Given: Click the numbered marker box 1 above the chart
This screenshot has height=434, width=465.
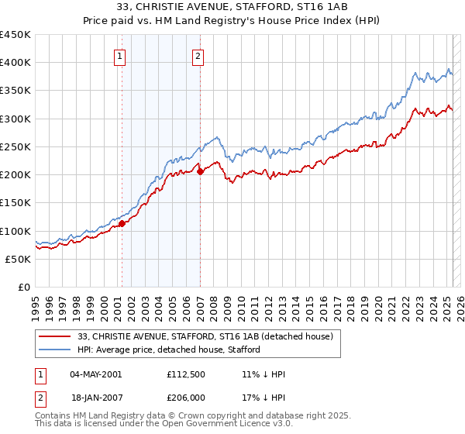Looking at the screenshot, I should [122, 55].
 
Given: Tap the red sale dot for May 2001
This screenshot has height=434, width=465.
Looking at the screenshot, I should [122, 224].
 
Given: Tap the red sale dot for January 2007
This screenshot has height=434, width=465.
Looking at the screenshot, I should [200, 171].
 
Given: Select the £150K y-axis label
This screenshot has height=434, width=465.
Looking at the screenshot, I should [15, 202].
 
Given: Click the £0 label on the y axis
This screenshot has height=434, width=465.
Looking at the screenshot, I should [24, 287].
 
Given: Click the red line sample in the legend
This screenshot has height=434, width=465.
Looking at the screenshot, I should [56, 336].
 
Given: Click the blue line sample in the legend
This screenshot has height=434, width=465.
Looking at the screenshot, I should [56, 350].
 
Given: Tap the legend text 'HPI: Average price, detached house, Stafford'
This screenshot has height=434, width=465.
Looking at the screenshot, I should [169, 350].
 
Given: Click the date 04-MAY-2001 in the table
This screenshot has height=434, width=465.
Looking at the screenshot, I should [95, 374].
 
